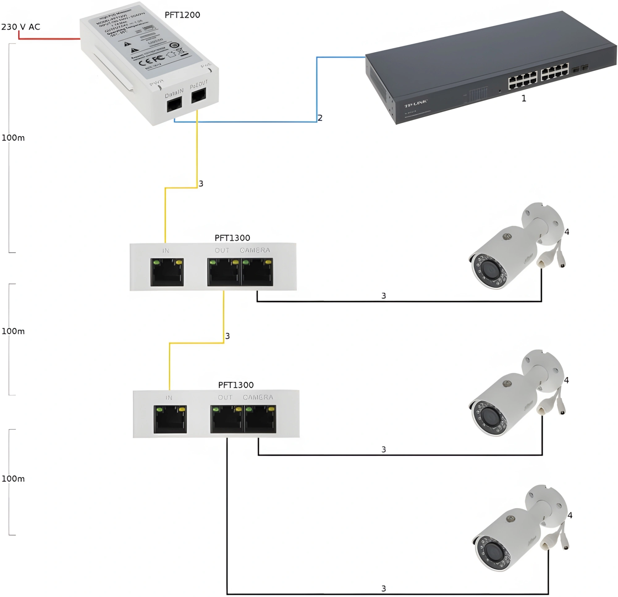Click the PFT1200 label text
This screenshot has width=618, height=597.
point(182,15)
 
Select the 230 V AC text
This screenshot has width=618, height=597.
point(21,27)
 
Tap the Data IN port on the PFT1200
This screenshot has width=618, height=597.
point(174,104)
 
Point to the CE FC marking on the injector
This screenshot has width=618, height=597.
point(152,60)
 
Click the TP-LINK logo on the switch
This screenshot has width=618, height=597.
point(416,103)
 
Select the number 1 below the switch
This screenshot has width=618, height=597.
point(524,99)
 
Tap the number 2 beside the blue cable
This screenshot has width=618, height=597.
point(320,118)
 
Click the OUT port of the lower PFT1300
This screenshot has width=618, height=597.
point(227,419)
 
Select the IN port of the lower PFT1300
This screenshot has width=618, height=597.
point(170,419)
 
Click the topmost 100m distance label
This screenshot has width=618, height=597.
point(13,138)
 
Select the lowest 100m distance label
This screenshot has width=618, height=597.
point(13,479)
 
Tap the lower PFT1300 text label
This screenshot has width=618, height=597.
point(236,385)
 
